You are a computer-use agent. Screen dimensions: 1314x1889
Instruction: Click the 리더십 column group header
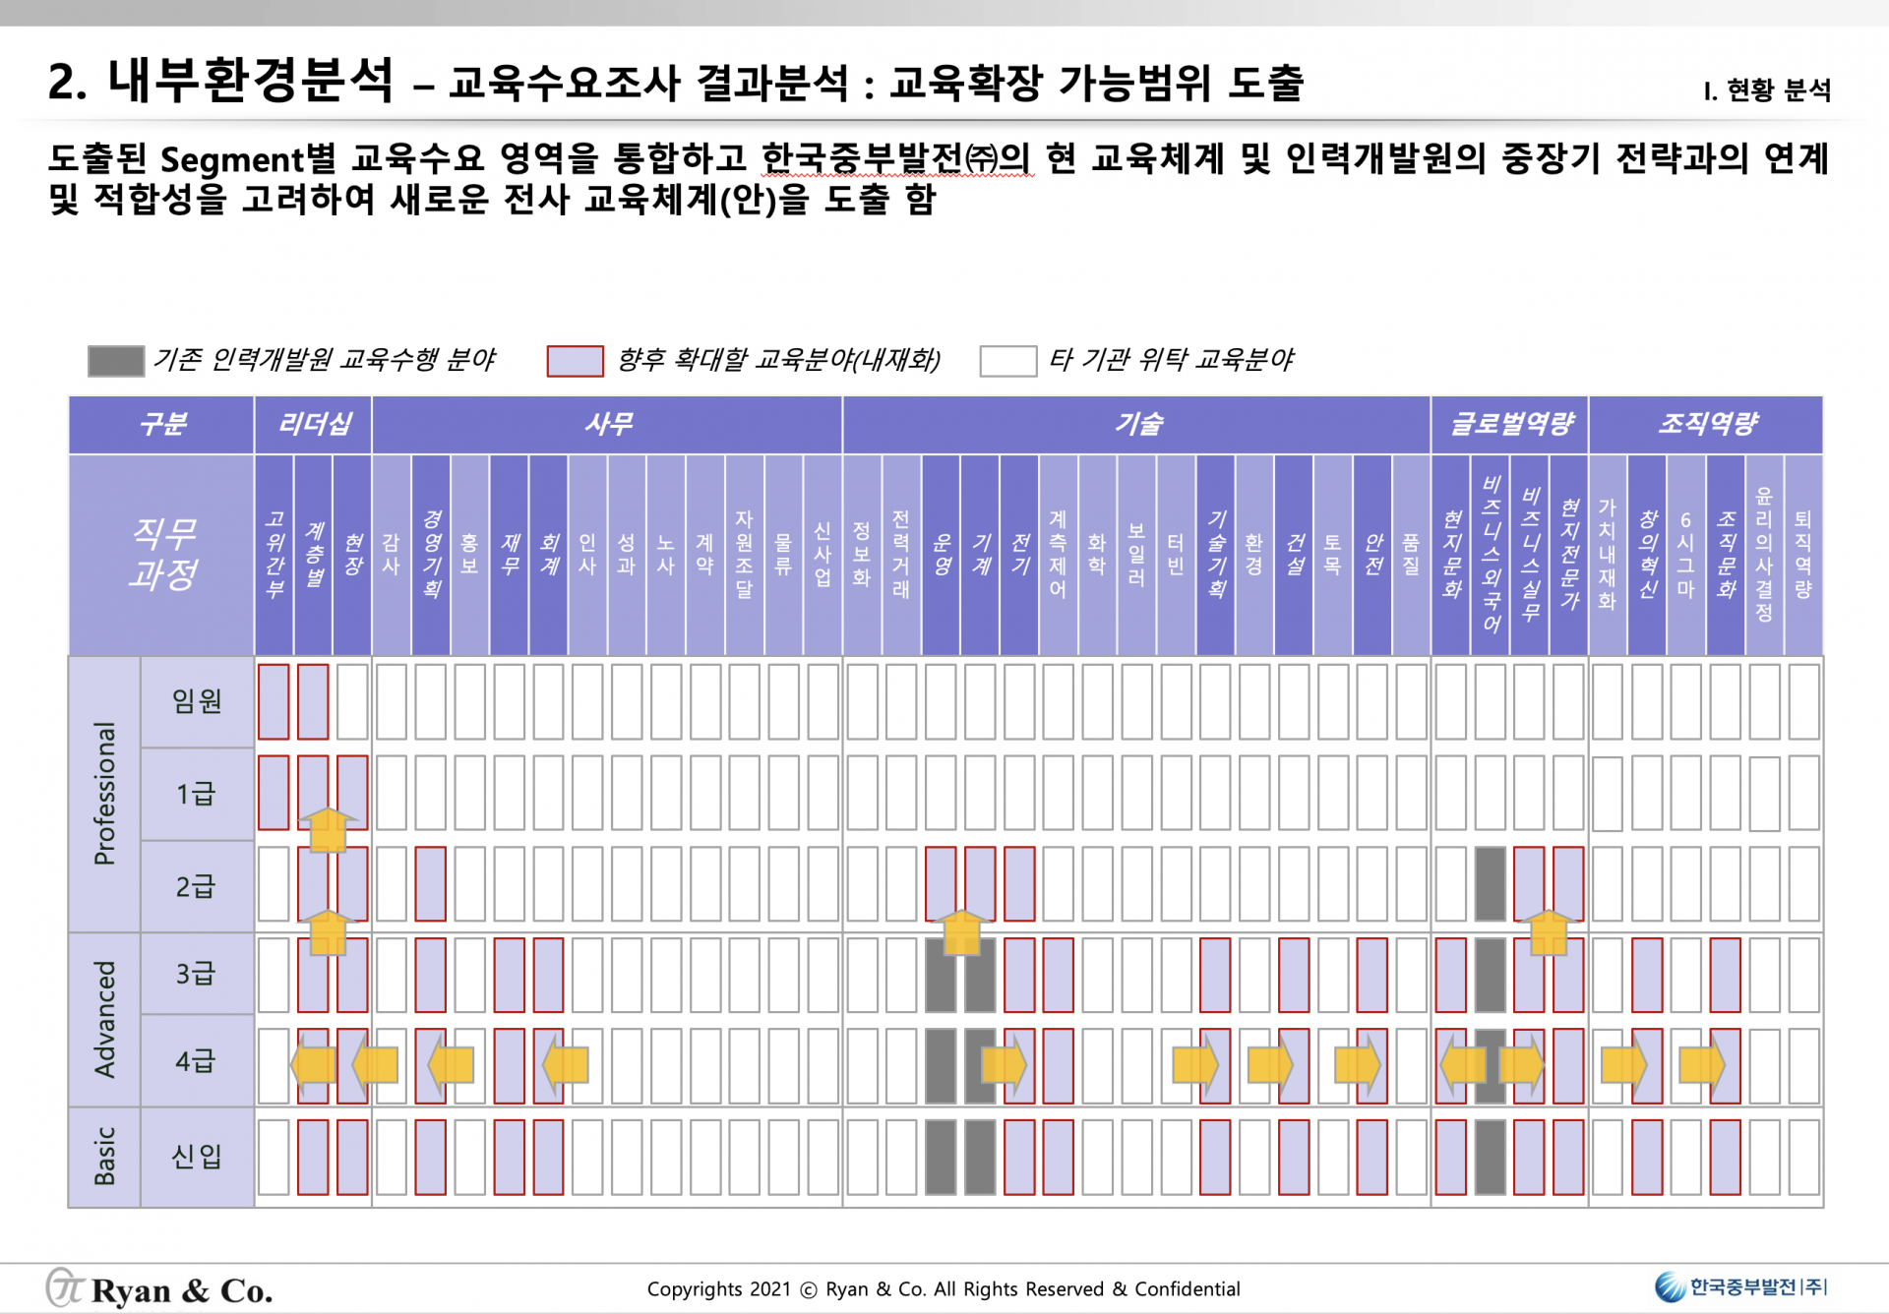[313, 425]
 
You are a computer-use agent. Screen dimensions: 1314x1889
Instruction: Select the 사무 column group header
[607, 425]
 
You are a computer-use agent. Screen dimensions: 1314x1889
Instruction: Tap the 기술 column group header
[1136, 425]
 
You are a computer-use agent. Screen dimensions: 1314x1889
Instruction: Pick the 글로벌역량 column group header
[1510, 425]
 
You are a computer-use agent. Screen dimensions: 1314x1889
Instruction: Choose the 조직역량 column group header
[1706, 425]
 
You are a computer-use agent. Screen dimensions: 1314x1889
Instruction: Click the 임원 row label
[197, 701]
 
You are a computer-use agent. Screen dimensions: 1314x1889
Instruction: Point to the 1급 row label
[196, 794]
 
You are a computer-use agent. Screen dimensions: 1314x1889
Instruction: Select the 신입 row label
[197, 1157]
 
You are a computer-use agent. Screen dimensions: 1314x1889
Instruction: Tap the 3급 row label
[196, 974]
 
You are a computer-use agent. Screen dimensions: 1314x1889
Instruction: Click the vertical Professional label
[104, 794]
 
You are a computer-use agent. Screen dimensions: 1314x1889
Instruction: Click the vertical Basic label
[104, 1157]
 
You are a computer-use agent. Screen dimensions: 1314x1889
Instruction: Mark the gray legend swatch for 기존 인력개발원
[116, 361]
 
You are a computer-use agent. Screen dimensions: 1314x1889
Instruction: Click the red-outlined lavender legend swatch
[575, 361]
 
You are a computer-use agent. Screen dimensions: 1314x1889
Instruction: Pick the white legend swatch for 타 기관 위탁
[1007, 361]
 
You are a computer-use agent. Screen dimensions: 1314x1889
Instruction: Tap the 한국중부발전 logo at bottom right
[1740, 1286]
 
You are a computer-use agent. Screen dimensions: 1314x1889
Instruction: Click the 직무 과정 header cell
[162, 555]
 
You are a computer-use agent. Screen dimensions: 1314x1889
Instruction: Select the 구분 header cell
[162, 425]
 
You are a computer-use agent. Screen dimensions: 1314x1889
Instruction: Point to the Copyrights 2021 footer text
[943, 1289]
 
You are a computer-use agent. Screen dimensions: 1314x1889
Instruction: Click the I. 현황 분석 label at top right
[1767, 90]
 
